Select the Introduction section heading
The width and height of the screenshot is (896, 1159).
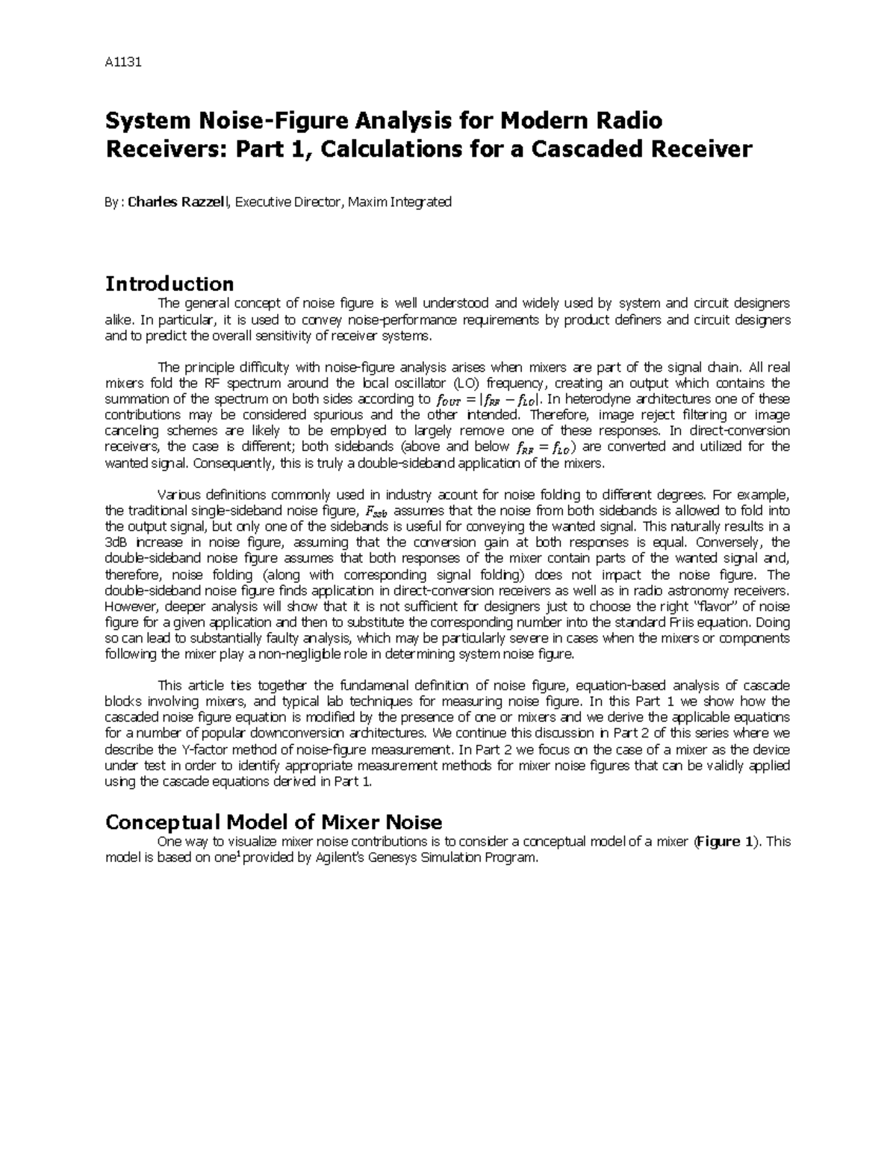tap(169, 284)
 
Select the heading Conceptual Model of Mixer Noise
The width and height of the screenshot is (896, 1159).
tap(273, 822)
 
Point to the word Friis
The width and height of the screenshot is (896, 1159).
tap(719, 622)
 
